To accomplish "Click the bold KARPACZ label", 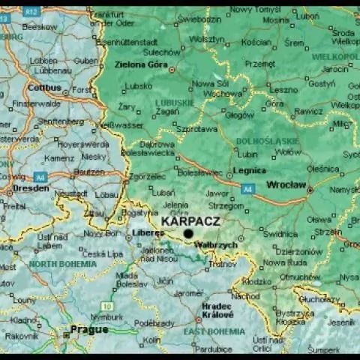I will coord(190,221).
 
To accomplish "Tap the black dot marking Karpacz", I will coord(188,233).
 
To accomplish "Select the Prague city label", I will coord(89,329).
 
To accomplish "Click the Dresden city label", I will coord(31,188).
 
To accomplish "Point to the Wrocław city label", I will coord(286,184).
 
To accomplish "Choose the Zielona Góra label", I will coord(140,64).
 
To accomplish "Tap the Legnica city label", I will coord(249,170).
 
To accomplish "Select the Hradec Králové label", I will coord(217,311).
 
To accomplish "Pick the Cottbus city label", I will coord(43,87).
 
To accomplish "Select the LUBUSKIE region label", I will coord(175,103).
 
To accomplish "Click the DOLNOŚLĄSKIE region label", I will coord(268,140).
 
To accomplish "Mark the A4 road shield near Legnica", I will coord(248,188).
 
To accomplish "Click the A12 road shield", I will coord(31,11).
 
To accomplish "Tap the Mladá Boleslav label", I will coord(131,280).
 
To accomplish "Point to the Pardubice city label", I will coord(213,349).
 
